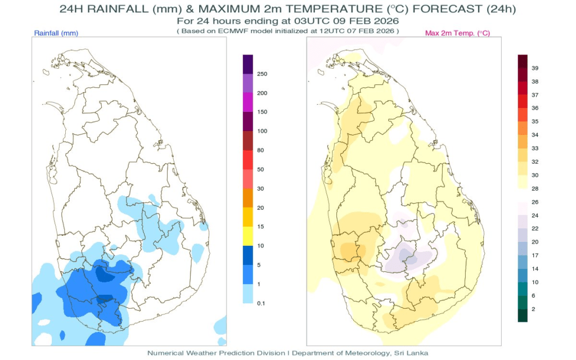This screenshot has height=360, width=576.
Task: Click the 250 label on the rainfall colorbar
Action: (x=262, y=74)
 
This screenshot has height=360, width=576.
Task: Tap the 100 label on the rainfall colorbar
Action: (x=262, y=131)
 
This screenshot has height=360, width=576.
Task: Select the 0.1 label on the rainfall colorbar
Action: (x=261, y=303)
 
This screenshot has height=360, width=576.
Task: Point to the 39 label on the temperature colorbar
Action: (x=535, y=68)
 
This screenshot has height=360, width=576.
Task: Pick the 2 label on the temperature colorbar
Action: (x=534, y=309)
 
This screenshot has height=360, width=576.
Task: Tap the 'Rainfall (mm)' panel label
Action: (x=56, y=34)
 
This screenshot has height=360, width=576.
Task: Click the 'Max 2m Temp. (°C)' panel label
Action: (x=457, y=34)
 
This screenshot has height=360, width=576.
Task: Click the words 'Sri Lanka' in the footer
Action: (x=414, y=353)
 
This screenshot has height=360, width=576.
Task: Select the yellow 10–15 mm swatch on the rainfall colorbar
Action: (x=247, y=236)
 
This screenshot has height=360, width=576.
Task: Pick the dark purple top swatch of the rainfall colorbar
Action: (x=247, y=64)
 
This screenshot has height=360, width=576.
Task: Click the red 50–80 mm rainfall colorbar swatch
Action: (x=247, y=160)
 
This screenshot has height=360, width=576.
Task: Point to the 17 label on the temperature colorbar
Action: (x=535, y=255)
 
